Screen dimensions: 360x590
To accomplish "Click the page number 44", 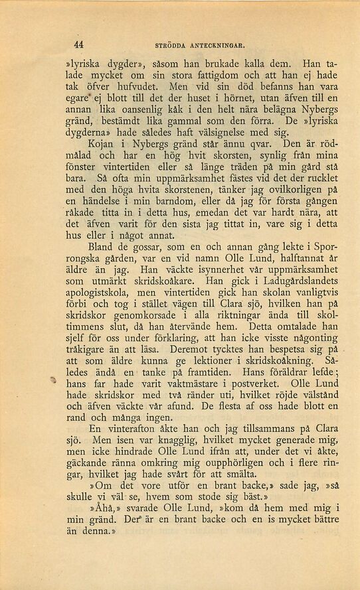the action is (x=78, y=44).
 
